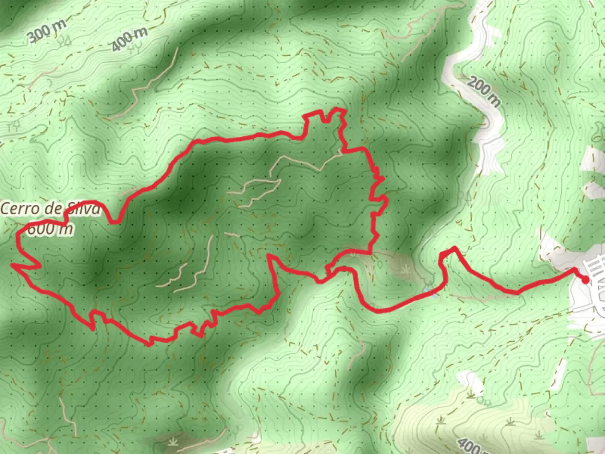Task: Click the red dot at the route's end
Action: coord(585,280)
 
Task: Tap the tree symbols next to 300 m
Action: coord(65,41)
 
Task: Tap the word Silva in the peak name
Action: coord(84,209)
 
